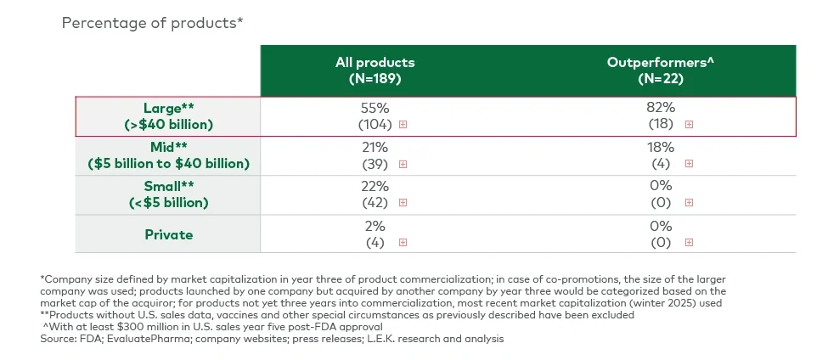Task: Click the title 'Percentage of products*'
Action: (x=153, y=23)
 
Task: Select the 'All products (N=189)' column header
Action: (x=375, y=70)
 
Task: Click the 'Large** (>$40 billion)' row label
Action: (x=167, y=116)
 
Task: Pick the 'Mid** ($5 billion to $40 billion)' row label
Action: (x=167, y=155)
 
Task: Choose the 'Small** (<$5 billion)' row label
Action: (x=167, y=194)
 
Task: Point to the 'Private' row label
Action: (x=167, y=234)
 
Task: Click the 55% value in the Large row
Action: (x=375, y=108)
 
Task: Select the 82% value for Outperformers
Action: (x=661, y=108)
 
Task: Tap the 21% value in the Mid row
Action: (x=375, y=147)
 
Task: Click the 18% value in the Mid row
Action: (x=661, y=147)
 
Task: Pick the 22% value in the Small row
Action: (x=375, y=186)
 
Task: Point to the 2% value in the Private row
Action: (x=375, y=226)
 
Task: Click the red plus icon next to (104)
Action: (x=403, y=124)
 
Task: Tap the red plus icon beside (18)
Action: (x=689, y=124)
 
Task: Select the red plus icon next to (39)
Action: (x=403, y=164)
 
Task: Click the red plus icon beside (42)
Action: (x=403, y=203)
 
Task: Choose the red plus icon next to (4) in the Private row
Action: (x=403, y=242)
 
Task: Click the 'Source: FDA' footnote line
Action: (x=272, y=339)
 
